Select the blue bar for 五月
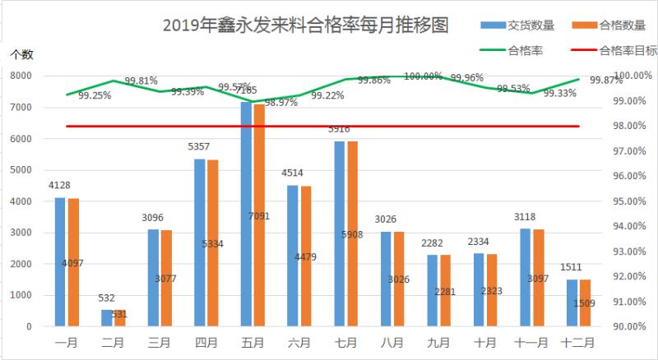pos(246,214)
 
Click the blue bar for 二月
pos(106,318)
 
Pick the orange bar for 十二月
pos(586,303)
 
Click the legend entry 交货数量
pos(526,25)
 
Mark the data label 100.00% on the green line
pos(424,76)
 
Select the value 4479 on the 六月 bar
pos(305,257)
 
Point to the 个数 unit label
pos(21,54)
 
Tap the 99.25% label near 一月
pos(95,95)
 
